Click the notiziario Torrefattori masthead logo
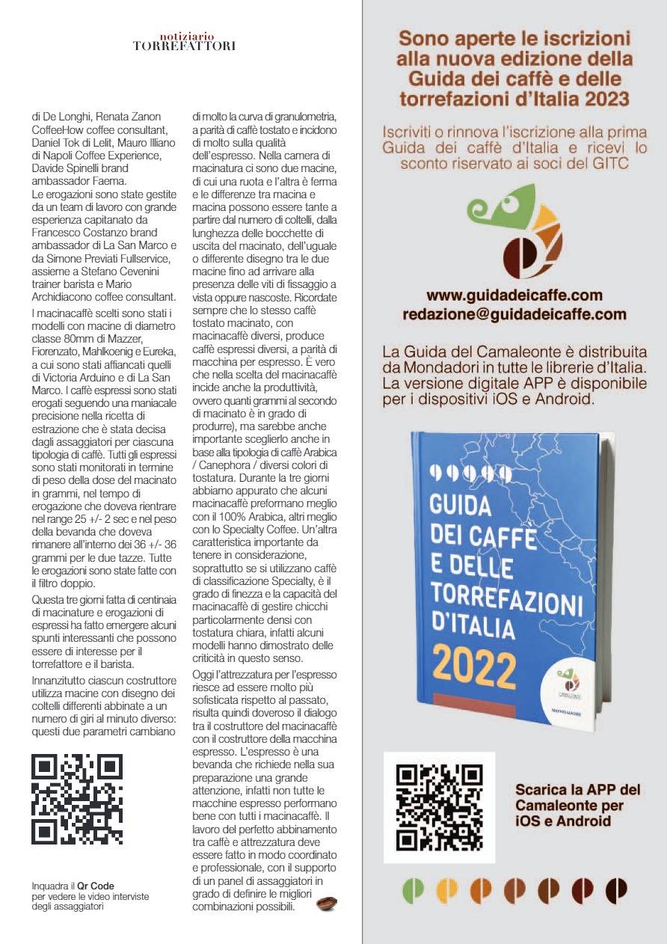[183, 41]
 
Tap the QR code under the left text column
[77, 799]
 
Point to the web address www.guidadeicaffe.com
[514, 295]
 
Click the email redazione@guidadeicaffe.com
[514, 314]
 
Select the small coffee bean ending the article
[327, 904]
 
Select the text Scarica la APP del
[577, 789]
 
